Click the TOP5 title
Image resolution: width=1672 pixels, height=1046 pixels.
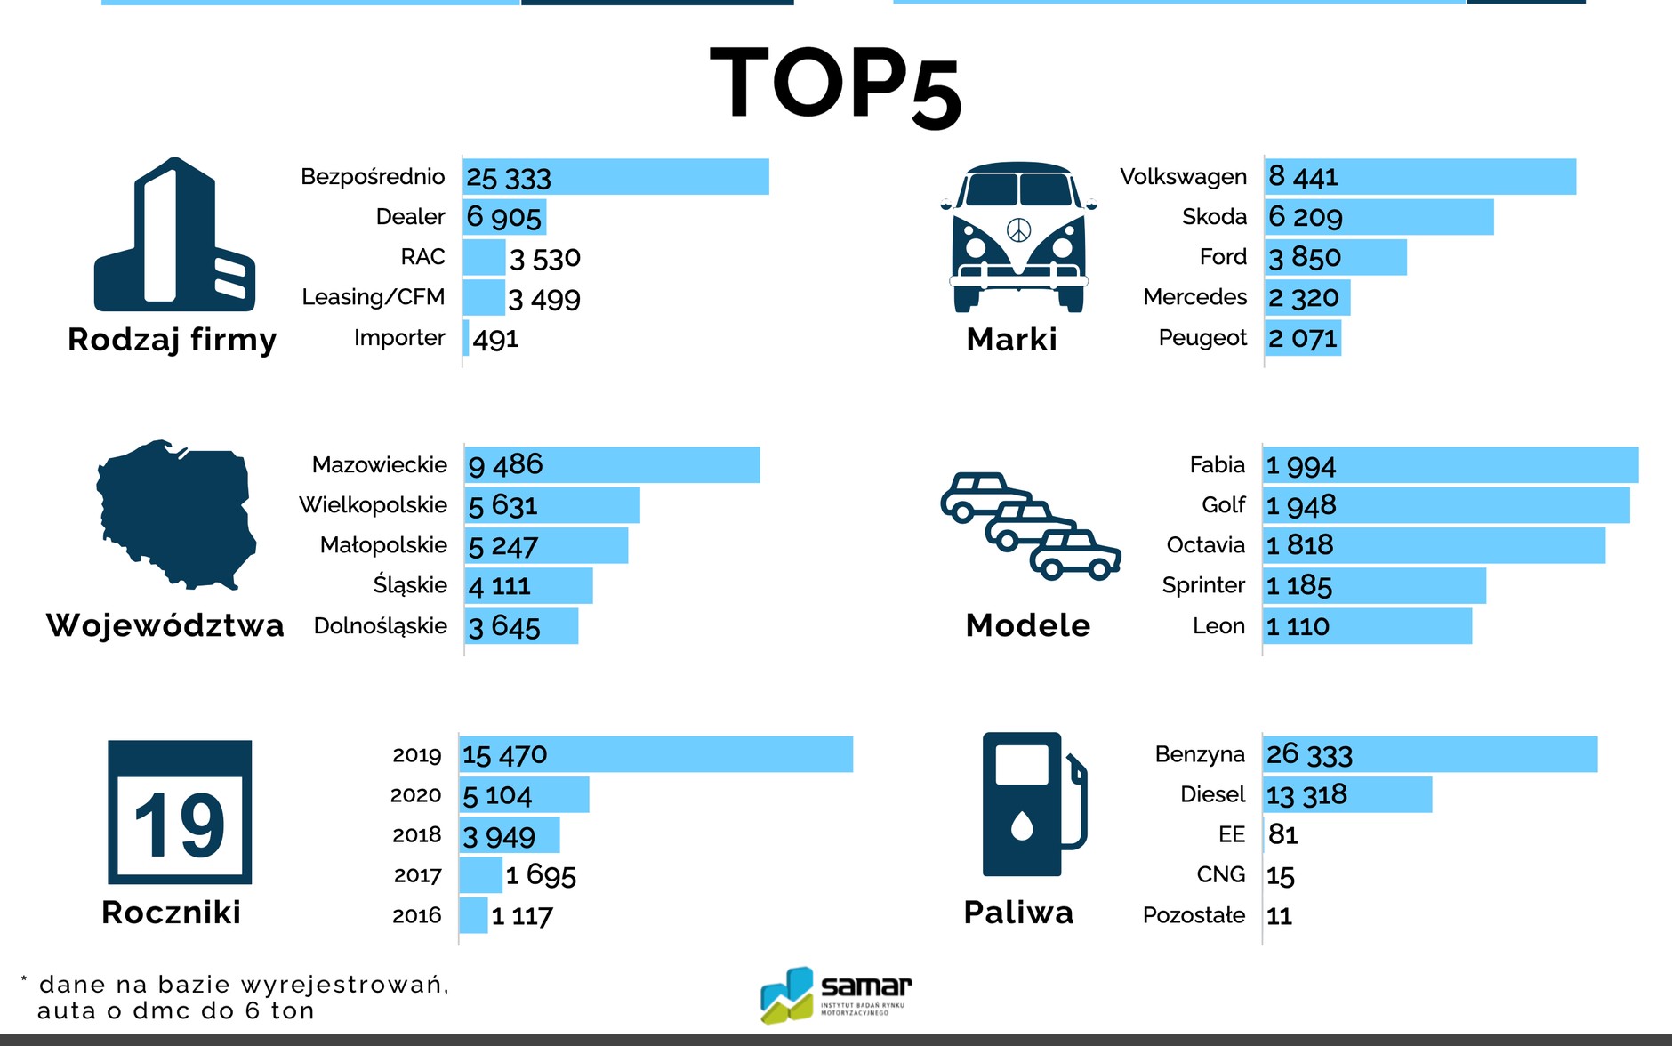(835, 84)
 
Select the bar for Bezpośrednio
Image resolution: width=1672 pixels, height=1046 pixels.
(615, 177)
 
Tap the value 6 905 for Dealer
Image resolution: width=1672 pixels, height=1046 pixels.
(503, 217)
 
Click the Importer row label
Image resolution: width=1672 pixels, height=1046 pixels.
(399, 338)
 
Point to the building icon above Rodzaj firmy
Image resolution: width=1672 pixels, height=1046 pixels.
(175, 235)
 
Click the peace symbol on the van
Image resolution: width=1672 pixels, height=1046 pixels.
(1018, 230)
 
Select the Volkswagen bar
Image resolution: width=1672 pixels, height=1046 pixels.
(1419, 177)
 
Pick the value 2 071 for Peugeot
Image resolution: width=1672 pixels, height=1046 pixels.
(1303, 338)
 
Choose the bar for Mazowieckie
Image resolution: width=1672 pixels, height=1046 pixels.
(612, 465)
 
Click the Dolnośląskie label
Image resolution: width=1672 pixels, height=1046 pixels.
(381, 626)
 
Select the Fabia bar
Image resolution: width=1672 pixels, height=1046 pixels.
(1450, 465)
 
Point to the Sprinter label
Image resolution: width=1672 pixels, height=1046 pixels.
(1203, 585)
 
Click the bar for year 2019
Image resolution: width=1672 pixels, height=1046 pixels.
(656, 754)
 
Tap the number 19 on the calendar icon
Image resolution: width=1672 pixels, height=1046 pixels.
(180, 825)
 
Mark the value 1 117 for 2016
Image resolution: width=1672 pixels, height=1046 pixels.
(522, 916)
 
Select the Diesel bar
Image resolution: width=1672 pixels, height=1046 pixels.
(1347, 794)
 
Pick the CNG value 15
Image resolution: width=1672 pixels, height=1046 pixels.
(1281, 876)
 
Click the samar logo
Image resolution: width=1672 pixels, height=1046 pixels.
(836, 994)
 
